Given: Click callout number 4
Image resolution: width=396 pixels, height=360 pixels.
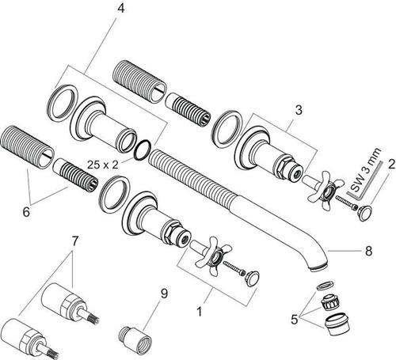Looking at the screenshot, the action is (x=120, y=9).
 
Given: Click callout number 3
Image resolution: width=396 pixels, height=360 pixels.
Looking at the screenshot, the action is (x=299, y=110).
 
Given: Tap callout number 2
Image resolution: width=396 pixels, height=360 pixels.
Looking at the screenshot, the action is (x=391, y=164).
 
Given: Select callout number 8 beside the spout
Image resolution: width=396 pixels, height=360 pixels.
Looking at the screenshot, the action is (x=368, y=251).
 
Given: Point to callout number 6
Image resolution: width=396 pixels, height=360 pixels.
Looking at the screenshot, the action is (x=26, y=212).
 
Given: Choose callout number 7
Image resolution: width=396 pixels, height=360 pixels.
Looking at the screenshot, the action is (x=75, y=241).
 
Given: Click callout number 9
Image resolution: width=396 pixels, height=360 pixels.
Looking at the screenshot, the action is (x=164, y=294).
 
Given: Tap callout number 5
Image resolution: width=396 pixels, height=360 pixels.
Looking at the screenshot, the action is (x=294, y=320).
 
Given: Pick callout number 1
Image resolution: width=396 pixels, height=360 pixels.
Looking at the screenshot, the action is (x=200, y=312).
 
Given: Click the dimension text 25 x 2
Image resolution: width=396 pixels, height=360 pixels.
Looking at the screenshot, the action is (x=103, y=165).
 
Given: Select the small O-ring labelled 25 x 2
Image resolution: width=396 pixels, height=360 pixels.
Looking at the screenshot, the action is (x=143, y=150).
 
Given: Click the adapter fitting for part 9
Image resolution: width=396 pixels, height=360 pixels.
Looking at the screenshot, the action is (x=135, y=339).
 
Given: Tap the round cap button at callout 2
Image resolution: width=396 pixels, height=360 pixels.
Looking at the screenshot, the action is (x=364, y=213).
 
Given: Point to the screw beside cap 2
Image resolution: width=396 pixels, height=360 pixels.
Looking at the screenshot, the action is (x=346, y=202).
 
